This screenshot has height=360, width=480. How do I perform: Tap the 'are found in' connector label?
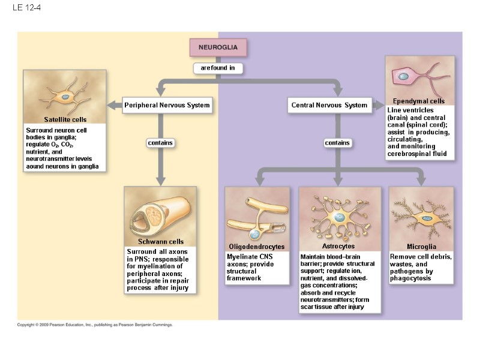(x=218, y=68)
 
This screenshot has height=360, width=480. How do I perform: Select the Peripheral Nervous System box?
(x=167, y=106)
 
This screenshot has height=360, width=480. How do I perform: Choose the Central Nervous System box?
(x=329, y=106)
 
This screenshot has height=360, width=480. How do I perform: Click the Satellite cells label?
(x=65, y=120)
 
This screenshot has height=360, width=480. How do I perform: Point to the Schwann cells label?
(x=160, y=242)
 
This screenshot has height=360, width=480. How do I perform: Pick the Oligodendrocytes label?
(x=256, y=247)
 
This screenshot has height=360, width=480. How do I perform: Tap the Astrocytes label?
(x=338, y=246)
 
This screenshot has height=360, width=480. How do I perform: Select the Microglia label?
(x=421, y=247)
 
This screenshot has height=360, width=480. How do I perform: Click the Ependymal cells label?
(x=419, y=101)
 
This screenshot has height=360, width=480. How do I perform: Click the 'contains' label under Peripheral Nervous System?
(x=160, y=143)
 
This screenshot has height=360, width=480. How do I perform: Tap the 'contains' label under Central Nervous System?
(x=337, y=143)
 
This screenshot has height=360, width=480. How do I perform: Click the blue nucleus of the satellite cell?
(x=64, y=97)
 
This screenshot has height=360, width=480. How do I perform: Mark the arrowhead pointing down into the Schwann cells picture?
(x=160, y=181)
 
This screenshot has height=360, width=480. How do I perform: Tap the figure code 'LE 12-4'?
(x=22, y=8)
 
